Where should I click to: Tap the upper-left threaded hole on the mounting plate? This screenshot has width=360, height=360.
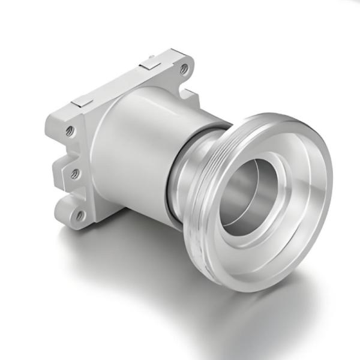pyautogui.click(x=70, y=130)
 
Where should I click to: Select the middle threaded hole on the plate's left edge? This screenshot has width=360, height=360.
pyautogui.click(x=75, y=174)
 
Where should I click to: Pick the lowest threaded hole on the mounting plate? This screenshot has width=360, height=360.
pyautogui.click(x=80, y=214)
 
